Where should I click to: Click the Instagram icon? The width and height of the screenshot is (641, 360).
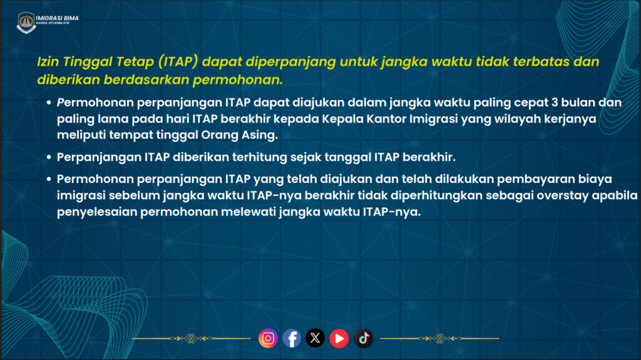point(268,338)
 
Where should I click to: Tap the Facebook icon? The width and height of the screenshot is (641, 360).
point(292,338)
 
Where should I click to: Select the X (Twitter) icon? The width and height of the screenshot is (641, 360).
point(315,338)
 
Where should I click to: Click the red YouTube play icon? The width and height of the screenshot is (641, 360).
point(339,338)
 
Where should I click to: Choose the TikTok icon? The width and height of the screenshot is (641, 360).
point(364,338)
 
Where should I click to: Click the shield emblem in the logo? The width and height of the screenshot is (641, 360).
point(26,23)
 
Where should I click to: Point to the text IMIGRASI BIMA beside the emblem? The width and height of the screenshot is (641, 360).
point(57,18)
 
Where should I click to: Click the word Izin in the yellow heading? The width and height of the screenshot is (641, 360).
point(48,62)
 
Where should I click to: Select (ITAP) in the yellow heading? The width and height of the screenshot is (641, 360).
point(178,62)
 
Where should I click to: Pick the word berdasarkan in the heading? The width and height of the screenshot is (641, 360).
point(146,80)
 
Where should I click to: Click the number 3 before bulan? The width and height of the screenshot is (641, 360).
point(555,102)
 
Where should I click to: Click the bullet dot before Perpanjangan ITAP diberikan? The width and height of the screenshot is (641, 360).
point(49,157)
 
